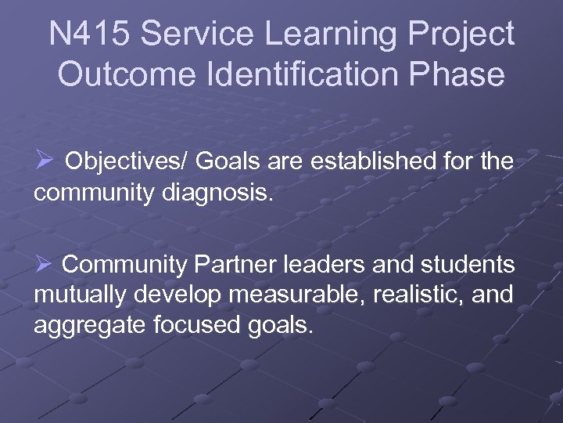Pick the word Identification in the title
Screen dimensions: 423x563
pos(299,75)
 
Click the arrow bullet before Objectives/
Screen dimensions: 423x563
pos(44,161)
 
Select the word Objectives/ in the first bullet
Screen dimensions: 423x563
pos(125,162)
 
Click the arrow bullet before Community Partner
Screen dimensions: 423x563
pos(44,265)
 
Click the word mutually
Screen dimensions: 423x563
pos(81,295)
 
